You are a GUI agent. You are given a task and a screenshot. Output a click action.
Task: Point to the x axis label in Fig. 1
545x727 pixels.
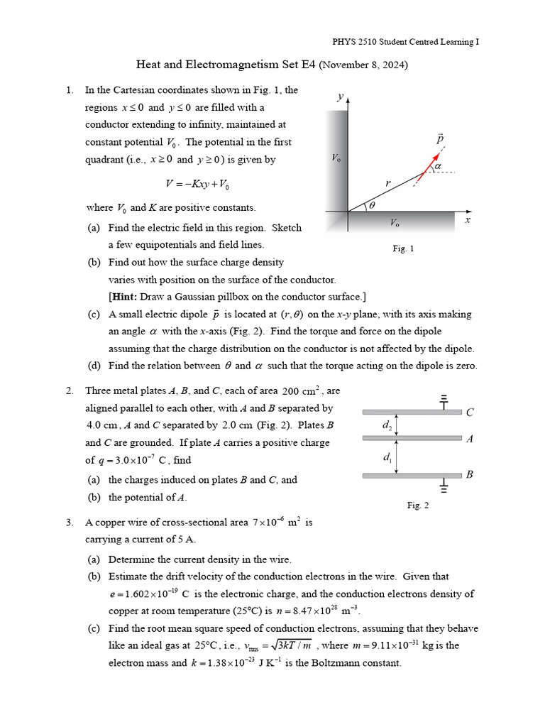pyautogui.click(x=468, y=221)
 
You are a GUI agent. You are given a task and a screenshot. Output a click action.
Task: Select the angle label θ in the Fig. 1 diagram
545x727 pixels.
pyautogui.click(x=370, y=206)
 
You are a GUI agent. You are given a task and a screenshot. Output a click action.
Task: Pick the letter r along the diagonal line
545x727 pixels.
pyautogui.click(x=387, y=183)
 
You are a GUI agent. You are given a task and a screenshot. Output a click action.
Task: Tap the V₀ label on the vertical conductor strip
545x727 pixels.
pyautogui.click(x=336, y=158)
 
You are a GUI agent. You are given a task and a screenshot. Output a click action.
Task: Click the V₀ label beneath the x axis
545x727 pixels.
pyautogui.click(x=395, y=223)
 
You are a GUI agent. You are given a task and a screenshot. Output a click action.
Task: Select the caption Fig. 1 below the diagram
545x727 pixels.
pyautogui.click(x=403, y=248)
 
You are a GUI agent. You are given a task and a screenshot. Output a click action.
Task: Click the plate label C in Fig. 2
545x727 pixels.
pyautogui.click(x=469, y=412)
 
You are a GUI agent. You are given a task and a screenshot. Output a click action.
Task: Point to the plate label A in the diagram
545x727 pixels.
pyautogui.click(x=469, y=439)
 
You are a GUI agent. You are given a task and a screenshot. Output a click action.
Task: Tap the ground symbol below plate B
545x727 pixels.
pyautogui.click(x=445, y=487)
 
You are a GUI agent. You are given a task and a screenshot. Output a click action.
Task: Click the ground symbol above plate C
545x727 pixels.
pyautogui.click(x=445, y=401)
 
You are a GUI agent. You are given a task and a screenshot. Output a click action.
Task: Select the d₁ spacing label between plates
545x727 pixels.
pyautogui.click(x=387, y=457)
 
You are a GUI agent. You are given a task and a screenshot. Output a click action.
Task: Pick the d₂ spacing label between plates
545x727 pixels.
pyautogui.click(x=387, y=426)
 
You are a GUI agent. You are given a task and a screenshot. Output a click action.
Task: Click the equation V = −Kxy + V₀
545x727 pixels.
pyautogui.click(x=197, y=184)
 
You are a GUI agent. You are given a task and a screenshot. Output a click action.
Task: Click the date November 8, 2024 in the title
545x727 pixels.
pyautogui.click(x=363, y=65)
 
